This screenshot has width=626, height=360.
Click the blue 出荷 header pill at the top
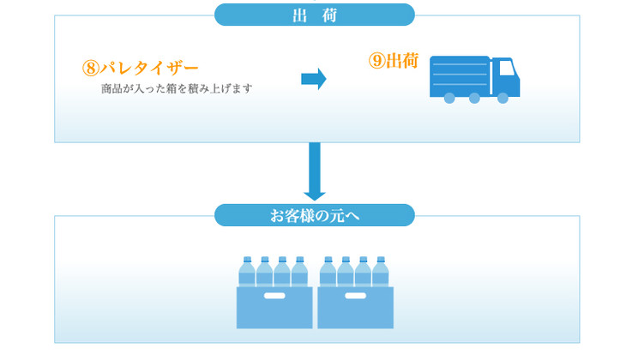(314, 15)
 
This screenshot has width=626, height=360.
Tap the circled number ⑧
(91, 68)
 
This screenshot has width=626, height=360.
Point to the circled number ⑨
(376, 61)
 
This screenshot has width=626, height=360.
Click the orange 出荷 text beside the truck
(401, 61)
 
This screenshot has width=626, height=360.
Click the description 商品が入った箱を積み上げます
(176, 88)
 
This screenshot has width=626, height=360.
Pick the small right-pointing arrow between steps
(313, 79)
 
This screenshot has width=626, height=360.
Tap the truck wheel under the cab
(503, 99)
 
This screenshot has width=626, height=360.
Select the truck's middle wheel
(474, 99)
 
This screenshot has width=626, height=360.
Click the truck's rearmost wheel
(448, 99)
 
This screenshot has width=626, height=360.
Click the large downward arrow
(315, 172)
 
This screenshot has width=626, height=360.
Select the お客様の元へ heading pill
(314, 215)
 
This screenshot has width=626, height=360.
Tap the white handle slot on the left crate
(274, 297)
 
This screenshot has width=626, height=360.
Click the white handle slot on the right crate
(354, 297)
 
